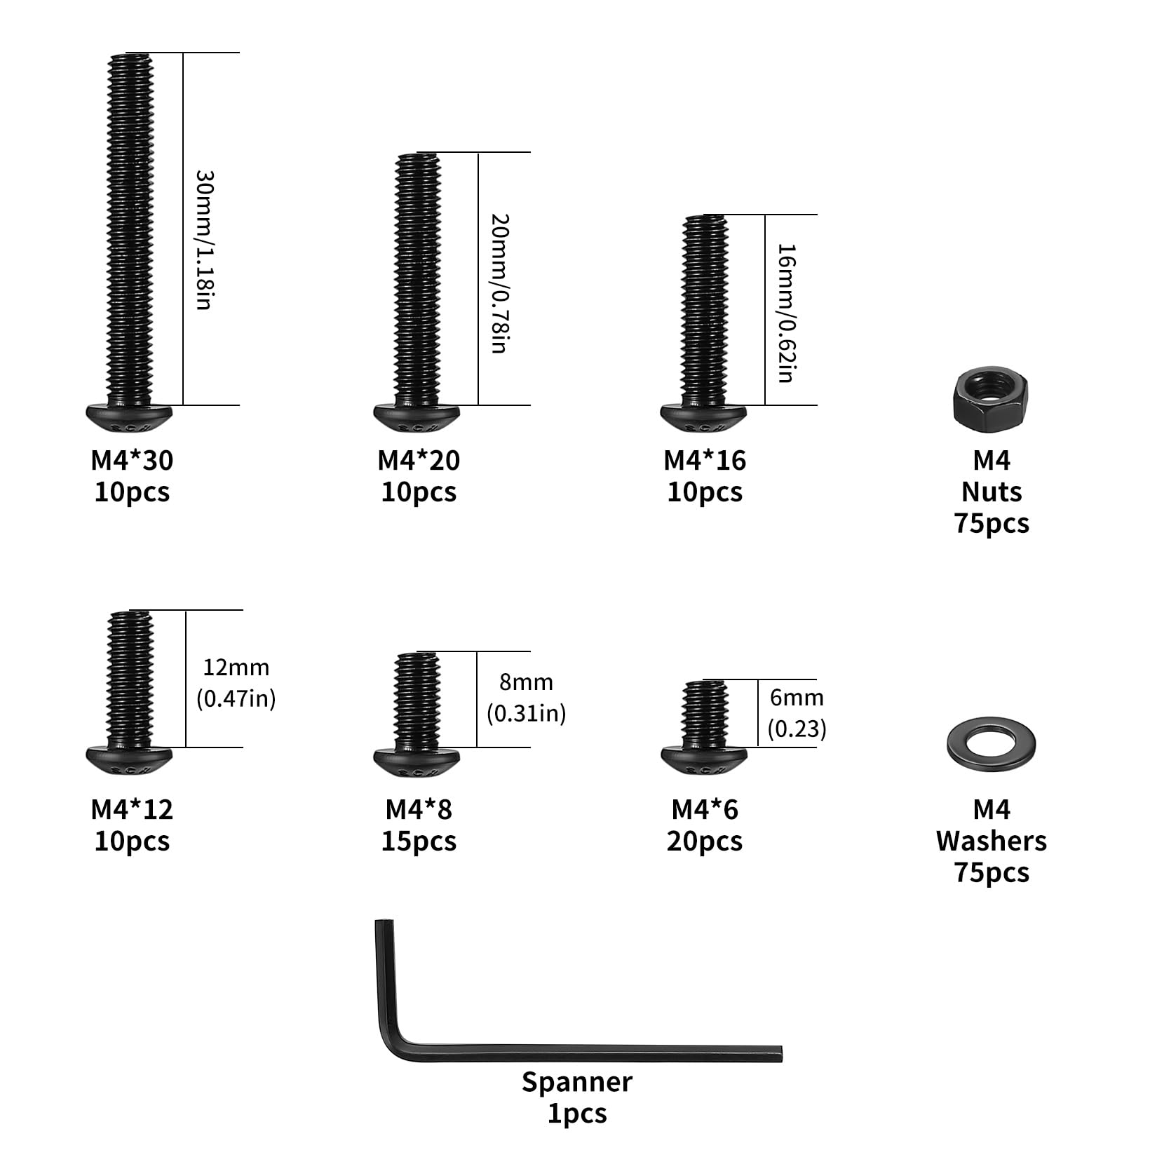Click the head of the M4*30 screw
(x=130, y=419)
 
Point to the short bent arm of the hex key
(x=384, y=982)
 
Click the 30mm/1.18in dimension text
(x=203, y=240)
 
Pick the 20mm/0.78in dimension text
(x=499, y=283)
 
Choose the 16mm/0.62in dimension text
(x=786, y=313)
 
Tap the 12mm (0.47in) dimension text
(x=236, y=682)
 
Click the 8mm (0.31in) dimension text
(x=527, y=697)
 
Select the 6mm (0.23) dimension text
(x=797, y=712)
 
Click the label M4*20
(x=419, y=460)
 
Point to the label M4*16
(x=705, y=460)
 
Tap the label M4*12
(x=132, y=809)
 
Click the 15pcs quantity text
(x=419, y=841)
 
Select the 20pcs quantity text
(x=705, y=841)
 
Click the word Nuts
(x=992, y=492)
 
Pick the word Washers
(x=992, y=841)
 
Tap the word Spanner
(x=577, y=1082)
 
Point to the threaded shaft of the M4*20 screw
(x=418, y=279)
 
